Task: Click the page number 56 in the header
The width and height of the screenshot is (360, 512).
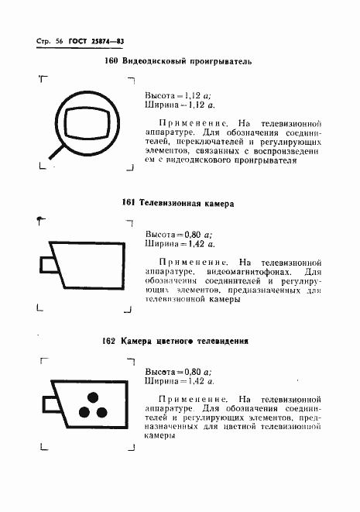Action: (58, 40)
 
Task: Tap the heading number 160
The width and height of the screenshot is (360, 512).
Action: (110, 61)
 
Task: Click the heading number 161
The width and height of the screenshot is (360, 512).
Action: (129, 203)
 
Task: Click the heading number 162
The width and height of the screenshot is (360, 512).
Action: (109, 340)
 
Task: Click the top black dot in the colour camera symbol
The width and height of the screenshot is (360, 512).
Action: (93, 397)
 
